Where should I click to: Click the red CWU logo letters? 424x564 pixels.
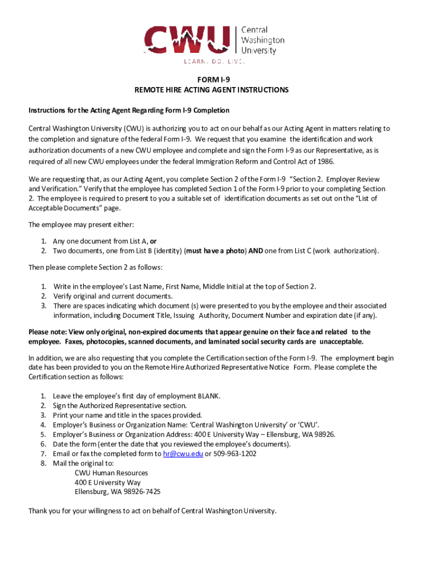point(187,40)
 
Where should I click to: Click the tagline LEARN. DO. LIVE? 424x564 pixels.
point(214,61)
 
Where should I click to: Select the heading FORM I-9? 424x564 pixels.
point(211,79)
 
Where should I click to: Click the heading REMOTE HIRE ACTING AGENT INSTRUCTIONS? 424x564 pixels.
point(211,90)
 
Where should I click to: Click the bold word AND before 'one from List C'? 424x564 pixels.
point(255,251)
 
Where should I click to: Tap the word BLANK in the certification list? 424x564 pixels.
point(208,396)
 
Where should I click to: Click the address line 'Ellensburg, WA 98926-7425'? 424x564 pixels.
point(118,492)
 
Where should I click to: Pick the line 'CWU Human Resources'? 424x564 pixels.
point(111,473)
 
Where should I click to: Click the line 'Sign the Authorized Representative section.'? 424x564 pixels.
point(119,405)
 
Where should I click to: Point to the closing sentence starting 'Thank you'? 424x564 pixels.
point(152,511)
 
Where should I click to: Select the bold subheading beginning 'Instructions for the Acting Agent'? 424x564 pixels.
point(129,111)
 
